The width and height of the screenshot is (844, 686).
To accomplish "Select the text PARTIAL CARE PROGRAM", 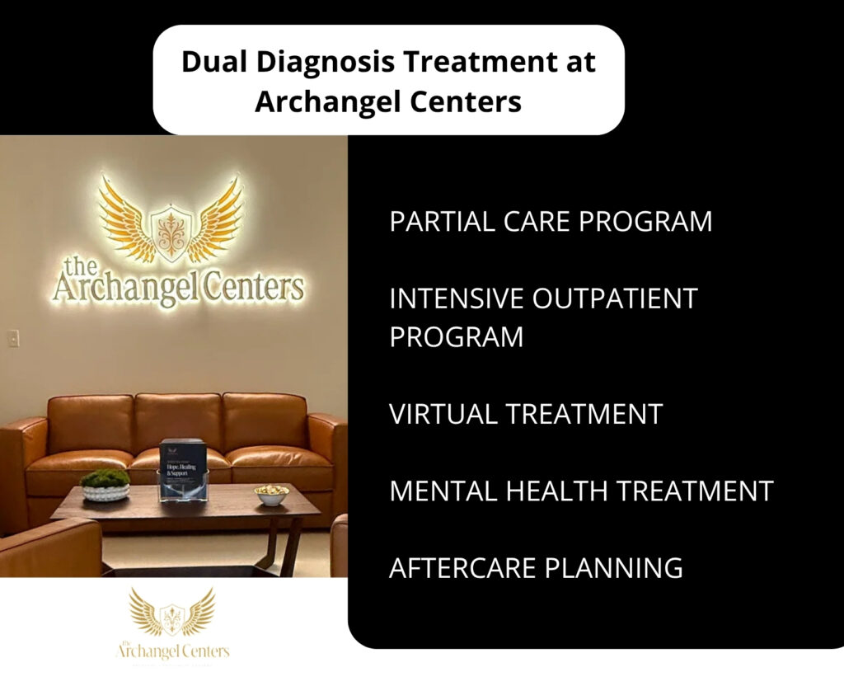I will click(x=551, y=222).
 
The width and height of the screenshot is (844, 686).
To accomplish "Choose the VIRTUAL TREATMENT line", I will click(x=526, y=414).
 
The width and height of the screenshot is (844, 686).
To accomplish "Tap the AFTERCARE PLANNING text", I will click(x=536, y=567).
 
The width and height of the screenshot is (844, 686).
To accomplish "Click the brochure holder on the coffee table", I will click(x=181, y=469).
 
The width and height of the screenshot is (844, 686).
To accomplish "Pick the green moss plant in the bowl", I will click(x=105, y=479).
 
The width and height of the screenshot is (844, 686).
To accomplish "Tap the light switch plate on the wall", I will click(x=12, y=338).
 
